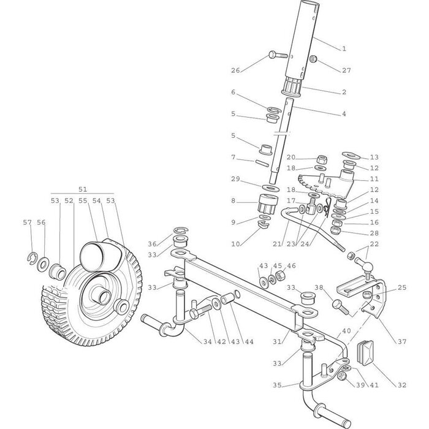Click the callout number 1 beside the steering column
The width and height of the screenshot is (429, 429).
click(x=344, y=48)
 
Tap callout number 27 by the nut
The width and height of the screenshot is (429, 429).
click(x=347, y=71)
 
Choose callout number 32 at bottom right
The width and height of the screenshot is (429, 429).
click(x=402, y=385)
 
